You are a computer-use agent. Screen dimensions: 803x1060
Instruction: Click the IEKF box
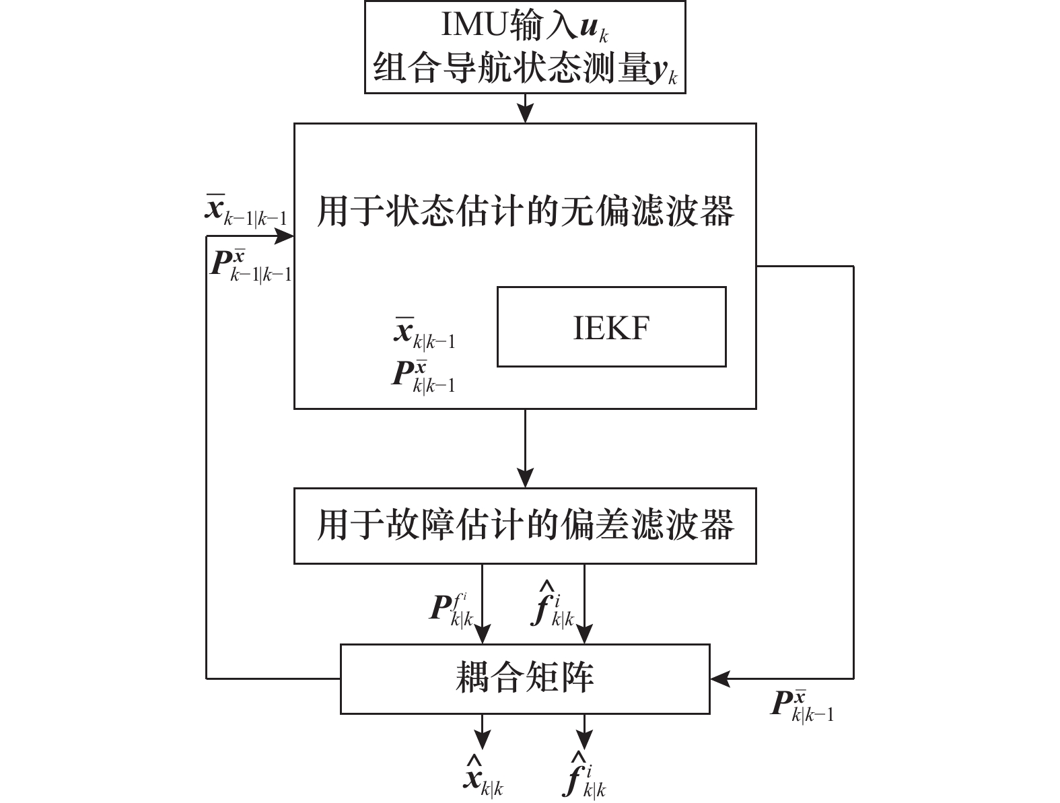(611, 327)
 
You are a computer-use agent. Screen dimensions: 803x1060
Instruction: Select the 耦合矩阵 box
(525, 678)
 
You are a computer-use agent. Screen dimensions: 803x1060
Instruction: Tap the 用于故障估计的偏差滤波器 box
(525, 526)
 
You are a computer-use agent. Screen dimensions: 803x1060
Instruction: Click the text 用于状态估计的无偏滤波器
(525, 211)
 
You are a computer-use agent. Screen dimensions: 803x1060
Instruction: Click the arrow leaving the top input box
(525, 108)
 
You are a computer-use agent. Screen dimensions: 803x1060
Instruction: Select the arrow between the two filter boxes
(525, 448)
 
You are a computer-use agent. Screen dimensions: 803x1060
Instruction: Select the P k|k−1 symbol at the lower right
(801, 704)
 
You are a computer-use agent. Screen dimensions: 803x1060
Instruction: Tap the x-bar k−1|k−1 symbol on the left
(246, 209)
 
